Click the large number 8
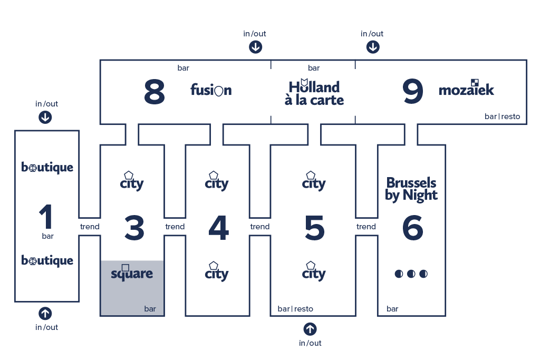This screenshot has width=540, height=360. [155, 91]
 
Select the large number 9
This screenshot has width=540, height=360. [412, 91]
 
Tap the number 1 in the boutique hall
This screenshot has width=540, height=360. [46, 217]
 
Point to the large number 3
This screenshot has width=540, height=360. [134, 228]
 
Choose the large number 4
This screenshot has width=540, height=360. [219, 228]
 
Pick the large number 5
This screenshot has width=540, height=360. [314, 228]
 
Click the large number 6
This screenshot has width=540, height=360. [412, 228]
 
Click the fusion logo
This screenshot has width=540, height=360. [211, 90]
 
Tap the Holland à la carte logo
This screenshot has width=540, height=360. [314, 92]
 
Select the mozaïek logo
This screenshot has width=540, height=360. [466, 88]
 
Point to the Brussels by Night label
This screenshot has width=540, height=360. [411, 189]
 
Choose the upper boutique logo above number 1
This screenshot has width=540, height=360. [47, 167]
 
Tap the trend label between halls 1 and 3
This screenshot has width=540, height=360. [90, 227]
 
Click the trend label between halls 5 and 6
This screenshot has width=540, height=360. [366, 227]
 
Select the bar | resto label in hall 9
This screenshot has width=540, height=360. [502, 116]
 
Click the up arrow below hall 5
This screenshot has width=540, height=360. [310, 329]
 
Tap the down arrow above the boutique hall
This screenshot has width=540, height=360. [45, 118]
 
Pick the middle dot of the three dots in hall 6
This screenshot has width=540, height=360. [411, 274]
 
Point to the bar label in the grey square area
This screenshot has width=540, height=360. [150, 309]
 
